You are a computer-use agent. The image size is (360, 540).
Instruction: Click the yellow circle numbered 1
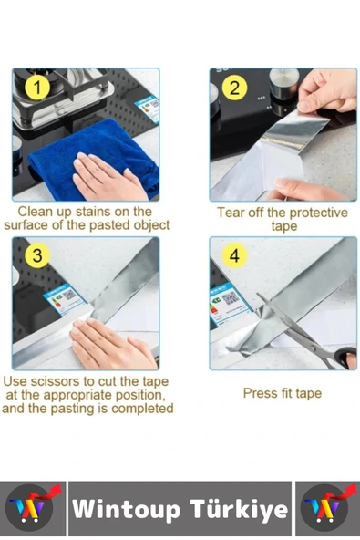37,88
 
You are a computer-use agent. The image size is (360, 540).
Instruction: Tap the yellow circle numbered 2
234,88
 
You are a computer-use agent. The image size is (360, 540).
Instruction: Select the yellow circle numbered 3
37,255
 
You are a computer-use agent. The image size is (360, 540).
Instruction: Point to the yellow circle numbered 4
234,256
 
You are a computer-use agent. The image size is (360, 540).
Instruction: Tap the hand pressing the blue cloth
107,177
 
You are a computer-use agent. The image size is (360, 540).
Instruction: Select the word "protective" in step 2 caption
316,213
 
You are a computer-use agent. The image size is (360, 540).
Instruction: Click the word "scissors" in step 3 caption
67,381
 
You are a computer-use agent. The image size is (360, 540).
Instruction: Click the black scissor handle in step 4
346,358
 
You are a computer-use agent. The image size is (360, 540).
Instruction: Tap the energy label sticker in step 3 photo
64,298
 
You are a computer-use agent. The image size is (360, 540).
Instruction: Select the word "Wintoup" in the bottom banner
127,508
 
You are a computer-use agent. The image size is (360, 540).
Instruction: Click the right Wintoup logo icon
326,508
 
